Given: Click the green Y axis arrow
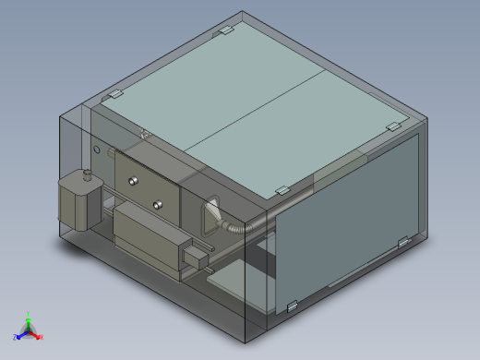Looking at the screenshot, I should click(x=29, y=316).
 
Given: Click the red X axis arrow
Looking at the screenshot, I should click(x=41, y=337).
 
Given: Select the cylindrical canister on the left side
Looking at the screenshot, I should click(x=78, y=202).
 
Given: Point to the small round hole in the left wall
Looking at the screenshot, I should click(x=96, y=148).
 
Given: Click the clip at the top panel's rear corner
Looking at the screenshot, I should click(x=222, y=32).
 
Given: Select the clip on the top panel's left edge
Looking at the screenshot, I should click(x=114, y=95).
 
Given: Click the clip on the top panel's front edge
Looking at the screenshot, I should click(x=282, y=191).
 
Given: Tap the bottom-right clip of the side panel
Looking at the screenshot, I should click(x=403, y=242).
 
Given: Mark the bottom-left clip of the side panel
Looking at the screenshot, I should click(x=292, y=306).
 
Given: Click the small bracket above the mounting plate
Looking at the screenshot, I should click(x=145, y=135).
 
